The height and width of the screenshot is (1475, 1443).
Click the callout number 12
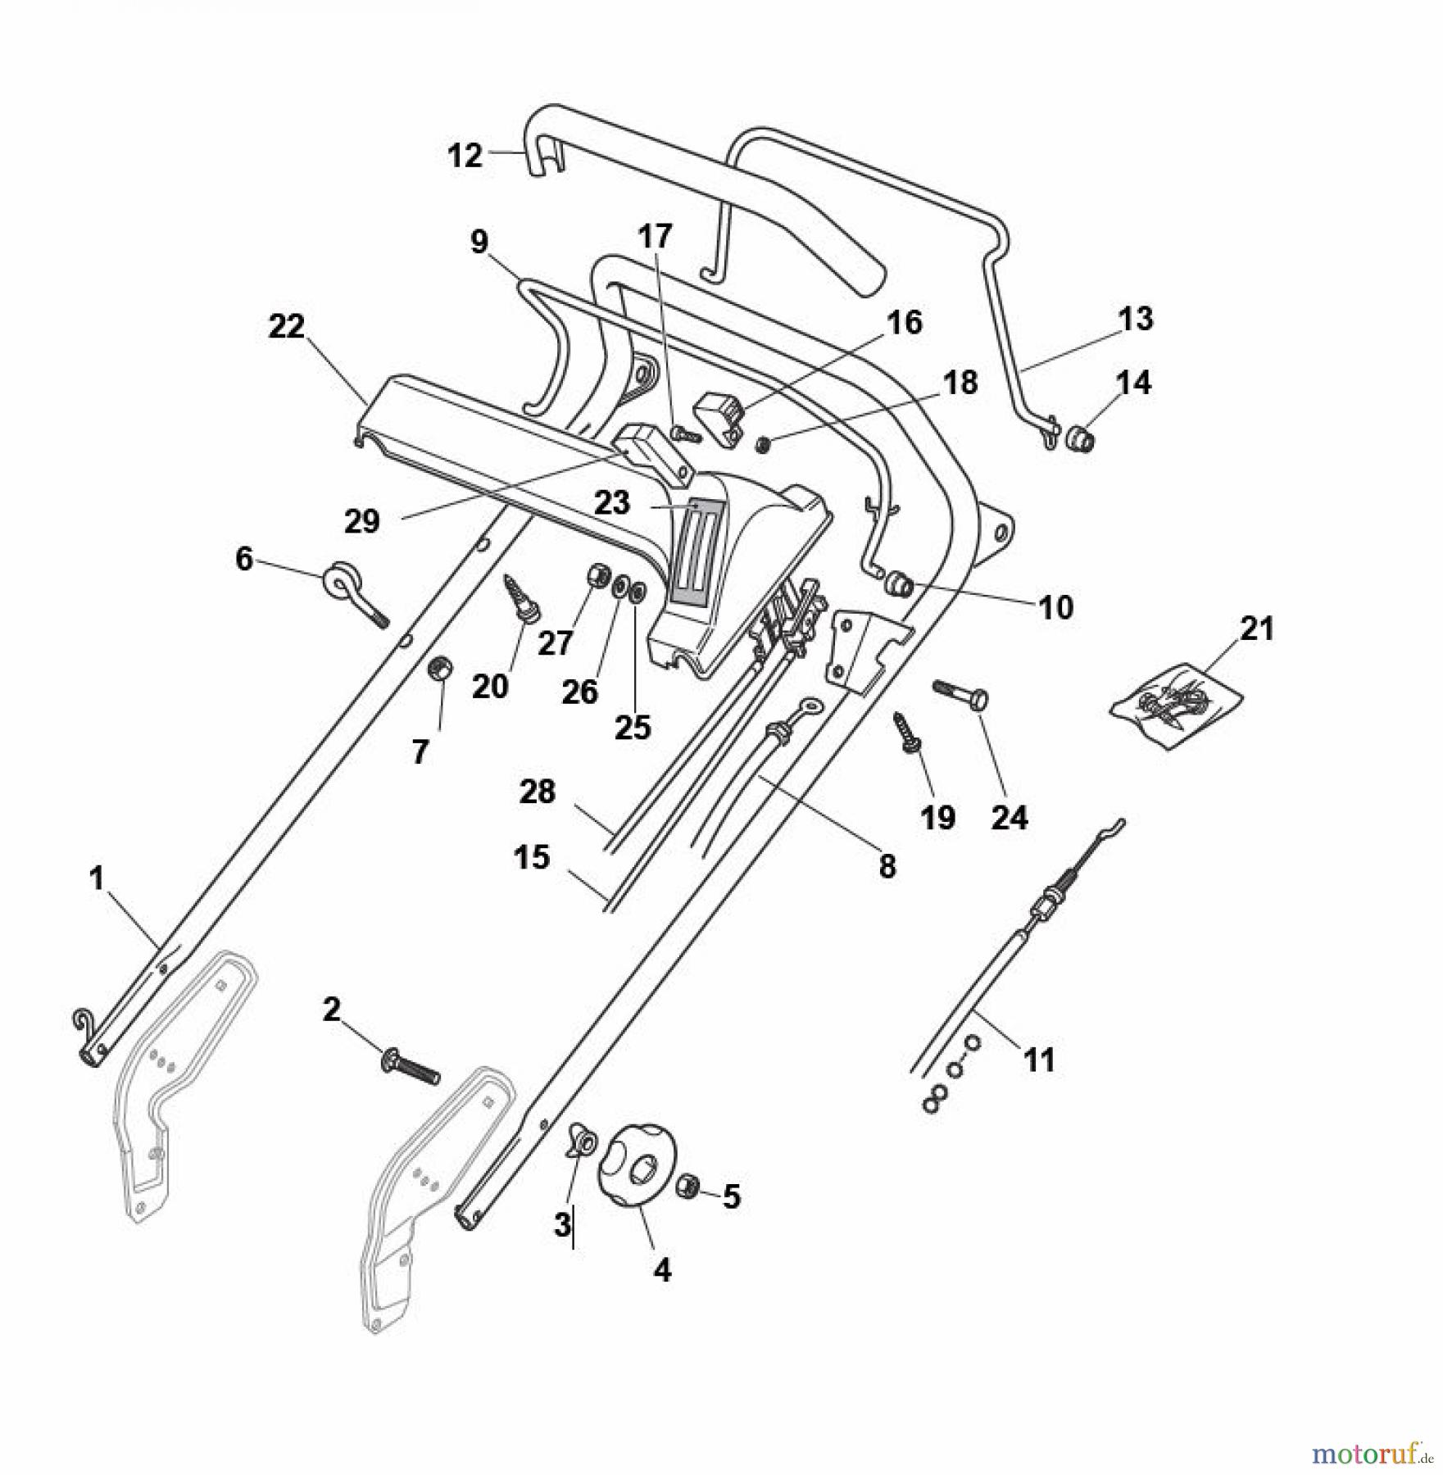coord(465,155)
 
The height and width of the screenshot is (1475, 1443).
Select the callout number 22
coord(287,326)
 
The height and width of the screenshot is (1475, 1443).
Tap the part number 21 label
coord(1258,629)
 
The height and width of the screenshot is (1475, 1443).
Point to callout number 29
coord(362,520)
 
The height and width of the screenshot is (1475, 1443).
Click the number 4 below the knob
coord(661,1270)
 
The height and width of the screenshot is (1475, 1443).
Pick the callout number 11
coord(1040,1060)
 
